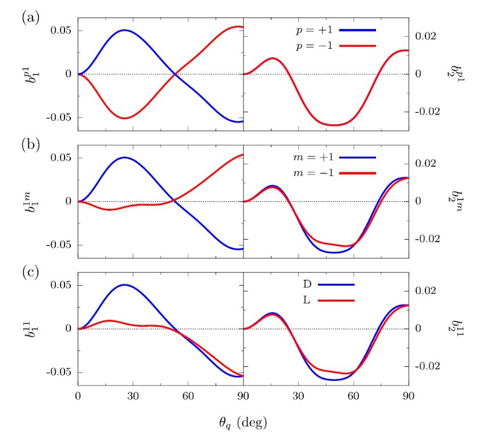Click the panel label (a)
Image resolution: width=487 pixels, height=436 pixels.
pyautogui.click(x=31, y=17)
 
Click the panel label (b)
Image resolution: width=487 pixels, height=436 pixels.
pyautogui.click(x=31, y=145)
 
